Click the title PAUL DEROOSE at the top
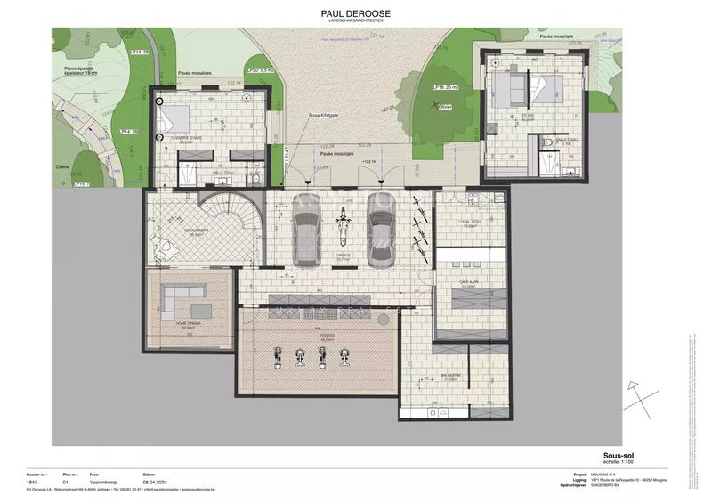click(355, 13)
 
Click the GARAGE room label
click(343, 255)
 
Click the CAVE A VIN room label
click(469, 282)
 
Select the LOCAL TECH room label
click(469, 223)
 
